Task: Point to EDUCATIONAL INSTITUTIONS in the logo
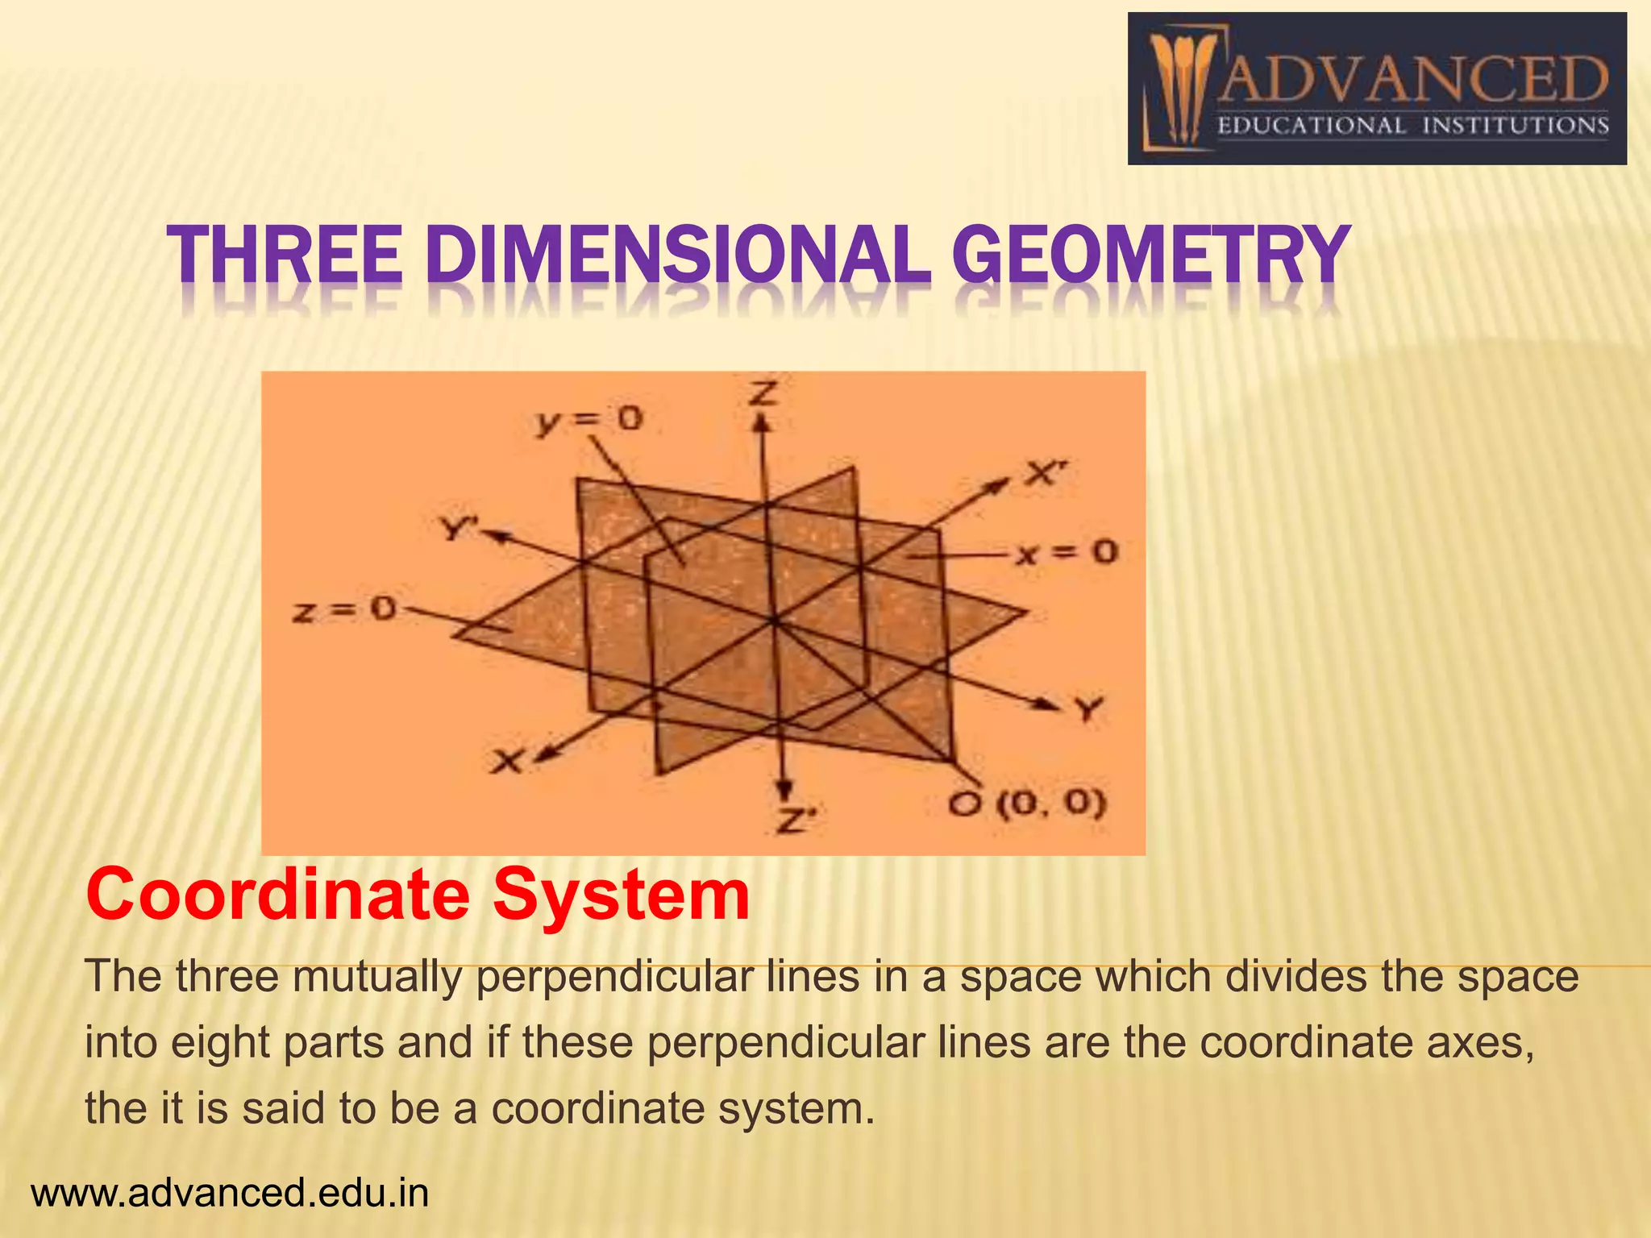pos(1412,126)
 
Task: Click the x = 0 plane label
pos(1067,553)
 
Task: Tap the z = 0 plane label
pos(344,609)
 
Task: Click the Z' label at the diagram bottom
pos(796,821)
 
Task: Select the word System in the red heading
pos(622,895)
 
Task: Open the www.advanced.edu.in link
pos(230,1193)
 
